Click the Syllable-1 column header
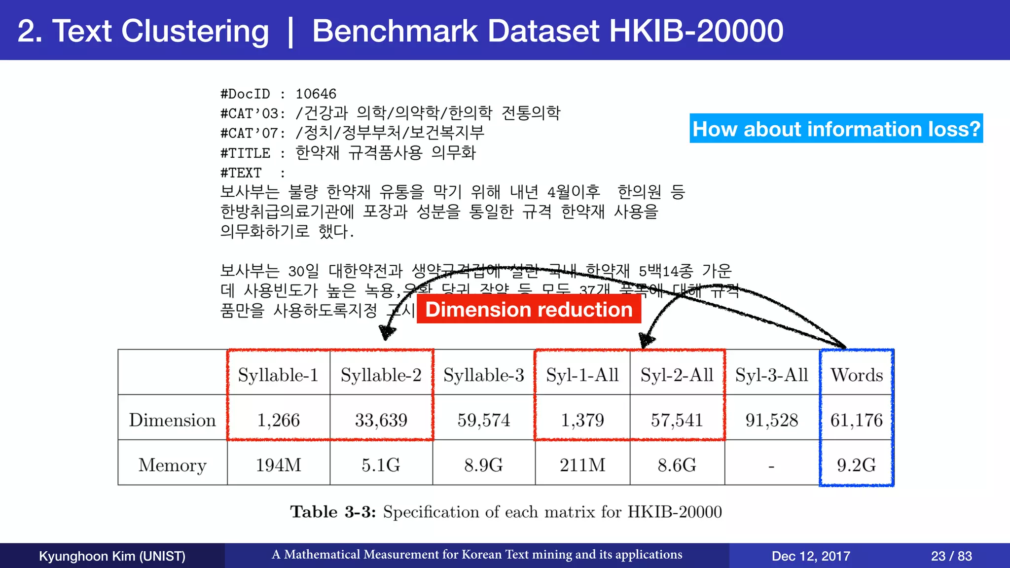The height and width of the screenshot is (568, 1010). [x=278, y=375]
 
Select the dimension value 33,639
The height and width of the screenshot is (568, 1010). [x=381, y=420]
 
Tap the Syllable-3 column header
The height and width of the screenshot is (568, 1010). [x=483, y=375]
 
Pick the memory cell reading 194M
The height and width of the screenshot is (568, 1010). [x=278, y=465]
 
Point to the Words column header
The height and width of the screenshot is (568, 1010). [x=857, y=375]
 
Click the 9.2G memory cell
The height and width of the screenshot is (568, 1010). [x=856, y=465]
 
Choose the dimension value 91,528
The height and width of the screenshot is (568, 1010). [x=771, y=420]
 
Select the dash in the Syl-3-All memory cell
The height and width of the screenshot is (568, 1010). [x=771, y=466]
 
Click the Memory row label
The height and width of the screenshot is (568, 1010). [x=172, y=465]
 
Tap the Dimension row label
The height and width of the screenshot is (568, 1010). [x=172, y=420]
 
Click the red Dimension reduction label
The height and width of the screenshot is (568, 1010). [x=529, y=310]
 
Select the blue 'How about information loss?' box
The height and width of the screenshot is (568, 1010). [x=836, y=129]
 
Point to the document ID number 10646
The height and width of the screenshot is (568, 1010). [x=316, y=94]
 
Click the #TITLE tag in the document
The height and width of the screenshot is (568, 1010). [x=245, y=153]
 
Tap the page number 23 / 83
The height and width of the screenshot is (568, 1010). [x=951, y=556]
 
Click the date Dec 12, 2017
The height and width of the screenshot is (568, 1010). [x=811, y=556]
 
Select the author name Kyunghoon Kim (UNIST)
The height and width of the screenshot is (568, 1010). [x=112, y=556]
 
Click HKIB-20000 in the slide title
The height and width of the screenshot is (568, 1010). [x=696, y=31]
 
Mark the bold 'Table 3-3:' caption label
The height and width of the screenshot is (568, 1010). [x=333, y=512]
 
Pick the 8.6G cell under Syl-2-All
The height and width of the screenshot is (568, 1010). [x=677, y=465]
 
